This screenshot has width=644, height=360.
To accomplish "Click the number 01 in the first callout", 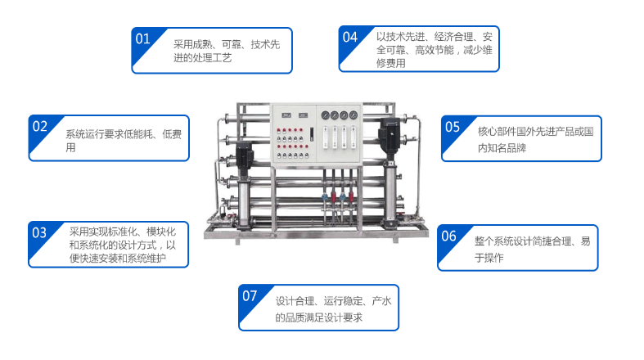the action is pyautogui.click(x=143, y=38).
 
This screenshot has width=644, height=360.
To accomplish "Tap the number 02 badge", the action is pyautogui.click(x=40, y=126).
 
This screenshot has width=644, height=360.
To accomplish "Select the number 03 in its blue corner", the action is pyautogui.click(x=39, y=232).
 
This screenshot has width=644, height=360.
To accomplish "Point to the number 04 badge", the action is pyautogui.click(x=350, y=37).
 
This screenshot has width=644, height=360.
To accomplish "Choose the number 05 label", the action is pyautogui.click(x=453, y=127).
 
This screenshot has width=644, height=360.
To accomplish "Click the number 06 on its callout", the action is pyautogui.click(x=448, y=236).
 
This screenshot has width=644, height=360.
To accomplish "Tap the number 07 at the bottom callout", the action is pyautogui.click(x=250, y=295).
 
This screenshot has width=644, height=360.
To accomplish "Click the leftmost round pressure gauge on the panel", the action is pyautogui.click(x=326, y=115).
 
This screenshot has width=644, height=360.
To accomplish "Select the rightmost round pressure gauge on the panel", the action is pyautogui.click(x=354, y=115).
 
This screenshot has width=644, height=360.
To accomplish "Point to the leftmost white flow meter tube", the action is pyautogui.click(x=326, y=137).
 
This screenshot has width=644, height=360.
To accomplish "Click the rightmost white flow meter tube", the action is pyautogui.click(x=354, y=137).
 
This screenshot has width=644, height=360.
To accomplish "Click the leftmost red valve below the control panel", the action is pyautogui.click(x=334, y=196).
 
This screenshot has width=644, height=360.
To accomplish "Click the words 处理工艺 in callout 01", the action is pyautogui.click(x=212, y=58).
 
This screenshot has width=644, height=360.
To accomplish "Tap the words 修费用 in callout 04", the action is pyautogui.click(x=391, y=63).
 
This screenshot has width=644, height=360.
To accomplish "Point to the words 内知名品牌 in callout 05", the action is pyautogui.click(x=502, y=148).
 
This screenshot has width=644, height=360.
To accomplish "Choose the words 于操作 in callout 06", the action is pyautogui.click(x=489, y=258).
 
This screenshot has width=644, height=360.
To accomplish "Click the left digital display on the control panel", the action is pyautogui.click(x=286, y=115).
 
